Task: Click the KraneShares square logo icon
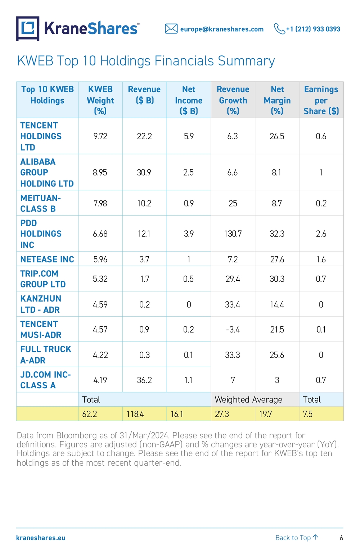[28, 28]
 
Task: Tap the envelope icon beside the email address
[171, 28]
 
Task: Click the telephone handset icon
[279, 28]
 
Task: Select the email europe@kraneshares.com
[222, 29]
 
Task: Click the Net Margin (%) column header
[277, 100]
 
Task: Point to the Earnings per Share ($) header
[321, 100]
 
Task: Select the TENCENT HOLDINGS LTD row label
[41, 136]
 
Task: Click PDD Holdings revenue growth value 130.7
[233, 234]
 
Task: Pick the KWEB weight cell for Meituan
[100, 203]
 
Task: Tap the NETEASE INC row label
[47, 259]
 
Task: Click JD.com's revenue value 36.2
[144, 380]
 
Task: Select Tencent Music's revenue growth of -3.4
[233, 329]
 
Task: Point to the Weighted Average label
[248, 399]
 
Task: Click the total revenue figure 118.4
[135, 414]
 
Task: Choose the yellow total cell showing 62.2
[90, 414]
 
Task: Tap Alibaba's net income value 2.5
[188, 172]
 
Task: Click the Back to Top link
[296, 538]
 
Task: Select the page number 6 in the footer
[341, 538]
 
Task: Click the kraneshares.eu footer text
[41, 538]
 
